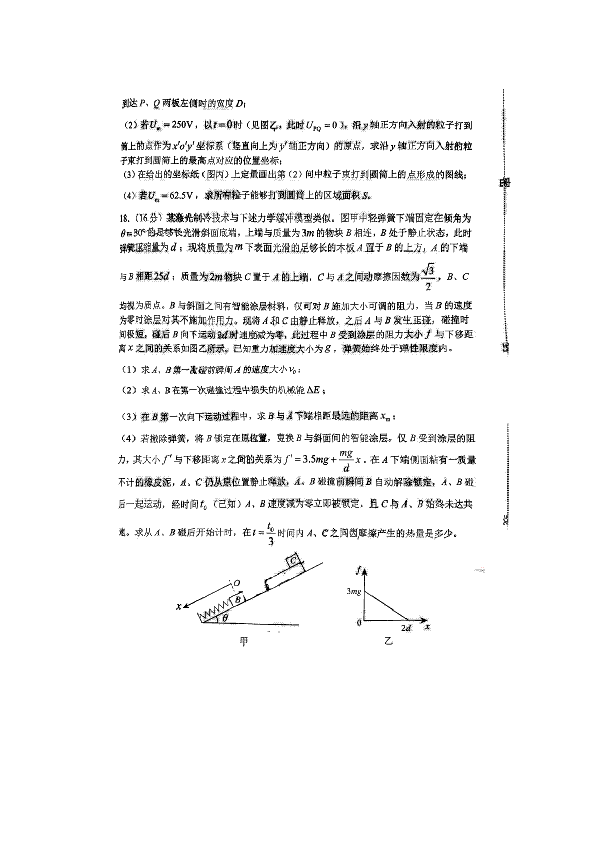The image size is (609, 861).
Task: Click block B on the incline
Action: [237, 600]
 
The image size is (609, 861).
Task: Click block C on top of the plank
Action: [294, 561]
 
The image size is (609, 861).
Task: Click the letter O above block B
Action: [236, 584]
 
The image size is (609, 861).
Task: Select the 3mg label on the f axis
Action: [354, 591]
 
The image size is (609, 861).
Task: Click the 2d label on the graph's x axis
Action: [406, 628]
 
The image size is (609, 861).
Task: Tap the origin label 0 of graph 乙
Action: [359, 622]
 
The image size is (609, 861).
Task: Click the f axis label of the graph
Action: [358, 570]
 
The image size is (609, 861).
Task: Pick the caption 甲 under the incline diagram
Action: [244, 642]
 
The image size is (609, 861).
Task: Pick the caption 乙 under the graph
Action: [389, 642]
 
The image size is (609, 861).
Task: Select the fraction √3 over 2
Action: [428, 276]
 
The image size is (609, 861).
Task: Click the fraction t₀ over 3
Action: [270, 533]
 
